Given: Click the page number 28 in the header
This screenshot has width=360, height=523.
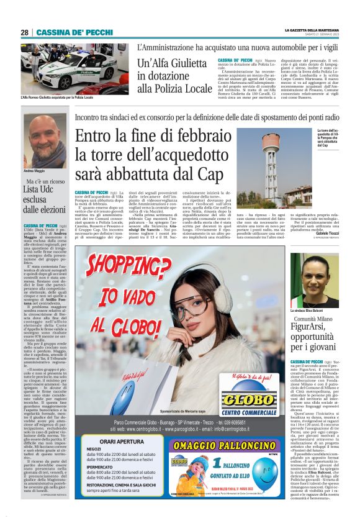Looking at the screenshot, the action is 25,32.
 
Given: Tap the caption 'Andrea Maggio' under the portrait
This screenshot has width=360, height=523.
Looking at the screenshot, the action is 34,170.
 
